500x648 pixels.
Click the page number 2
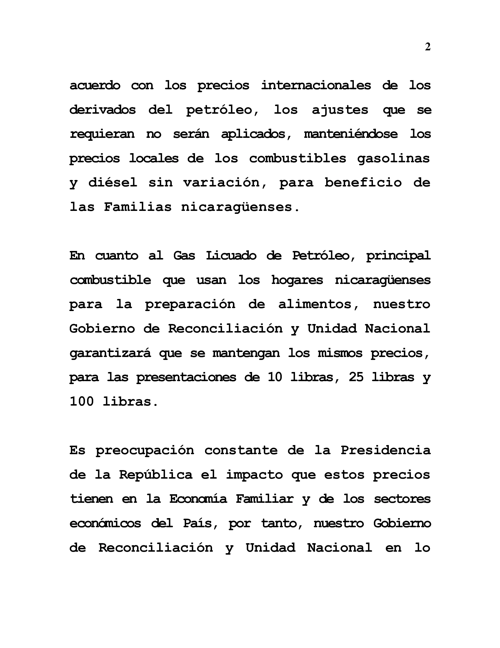click(427, 47)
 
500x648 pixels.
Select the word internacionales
click(316, 85)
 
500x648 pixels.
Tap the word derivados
click(102, 110)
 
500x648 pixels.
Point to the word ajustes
click(340, 110)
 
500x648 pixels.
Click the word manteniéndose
click(351, 134)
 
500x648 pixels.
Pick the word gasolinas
click(393, 158)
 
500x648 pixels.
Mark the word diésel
click(113, 183)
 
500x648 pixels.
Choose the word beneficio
click(363, 183)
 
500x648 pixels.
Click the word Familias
click(138, 207)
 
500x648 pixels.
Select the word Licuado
click(231, 255)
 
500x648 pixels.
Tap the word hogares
click(297, 280)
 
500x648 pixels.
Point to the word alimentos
click(315, 304)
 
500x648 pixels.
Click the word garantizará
click(110, 353)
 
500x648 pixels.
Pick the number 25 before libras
click(356, 377)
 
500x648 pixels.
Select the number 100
click(82, 401)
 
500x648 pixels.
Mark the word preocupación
click(145, 450)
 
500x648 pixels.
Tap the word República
click(156, 475)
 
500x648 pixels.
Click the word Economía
click(198, 499)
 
